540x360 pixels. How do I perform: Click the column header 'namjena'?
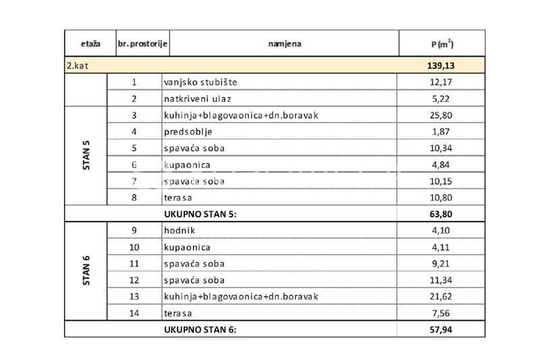tap(284, 44)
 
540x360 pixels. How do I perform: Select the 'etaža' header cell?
tap(90, 44)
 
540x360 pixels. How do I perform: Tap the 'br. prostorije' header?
tap(142, 44)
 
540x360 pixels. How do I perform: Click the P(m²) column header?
tap(441, 44)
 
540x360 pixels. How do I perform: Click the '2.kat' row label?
tap(78, 66)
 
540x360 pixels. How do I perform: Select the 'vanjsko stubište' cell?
tap(200, 82)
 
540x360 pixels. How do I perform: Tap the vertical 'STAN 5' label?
tap(86, 156)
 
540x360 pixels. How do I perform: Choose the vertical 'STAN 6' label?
tap(86, 271)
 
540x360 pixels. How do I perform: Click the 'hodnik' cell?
tap(178, 231)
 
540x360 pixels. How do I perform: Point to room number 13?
tap(134, 297)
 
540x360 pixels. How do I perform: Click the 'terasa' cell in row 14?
tap(178, 313)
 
